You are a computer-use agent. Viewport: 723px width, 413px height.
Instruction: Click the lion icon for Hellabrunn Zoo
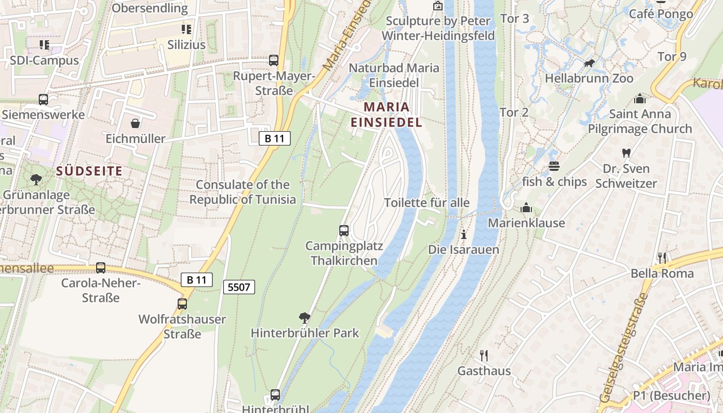(589, 63)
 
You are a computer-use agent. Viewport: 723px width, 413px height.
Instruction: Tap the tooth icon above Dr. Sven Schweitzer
(626, 153)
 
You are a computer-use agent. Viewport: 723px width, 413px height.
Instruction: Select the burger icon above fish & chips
(554, 166)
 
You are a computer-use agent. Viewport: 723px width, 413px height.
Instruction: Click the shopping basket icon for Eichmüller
(135, 123)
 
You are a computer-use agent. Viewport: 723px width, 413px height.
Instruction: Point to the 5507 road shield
(239, 287)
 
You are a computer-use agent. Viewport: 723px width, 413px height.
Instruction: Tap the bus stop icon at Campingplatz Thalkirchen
(344, 230)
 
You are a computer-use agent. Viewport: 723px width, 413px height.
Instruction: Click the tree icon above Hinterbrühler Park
(305, 317)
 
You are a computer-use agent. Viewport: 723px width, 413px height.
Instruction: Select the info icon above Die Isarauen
(463, 234)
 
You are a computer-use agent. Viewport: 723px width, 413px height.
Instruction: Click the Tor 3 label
(515, 19)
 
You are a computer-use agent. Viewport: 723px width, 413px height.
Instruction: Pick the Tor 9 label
(672, 56)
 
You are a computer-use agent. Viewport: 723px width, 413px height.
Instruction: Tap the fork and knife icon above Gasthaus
(484, 355)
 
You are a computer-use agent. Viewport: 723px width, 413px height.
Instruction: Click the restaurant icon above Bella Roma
(662, 258)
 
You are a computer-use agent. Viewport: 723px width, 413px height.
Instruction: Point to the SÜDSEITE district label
(89, 171)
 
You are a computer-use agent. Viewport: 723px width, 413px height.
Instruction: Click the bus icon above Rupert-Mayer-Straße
(274, 60)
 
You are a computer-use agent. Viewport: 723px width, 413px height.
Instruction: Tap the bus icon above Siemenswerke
(43, 99)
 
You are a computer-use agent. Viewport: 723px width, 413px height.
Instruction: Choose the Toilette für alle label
(427, 202)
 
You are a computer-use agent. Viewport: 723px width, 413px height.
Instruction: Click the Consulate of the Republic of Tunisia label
(243, 192)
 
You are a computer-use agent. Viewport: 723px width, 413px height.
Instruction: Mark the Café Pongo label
(661, 14)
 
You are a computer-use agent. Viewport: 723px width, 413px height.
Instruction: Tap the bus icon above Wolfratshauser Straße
(182, 304)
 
